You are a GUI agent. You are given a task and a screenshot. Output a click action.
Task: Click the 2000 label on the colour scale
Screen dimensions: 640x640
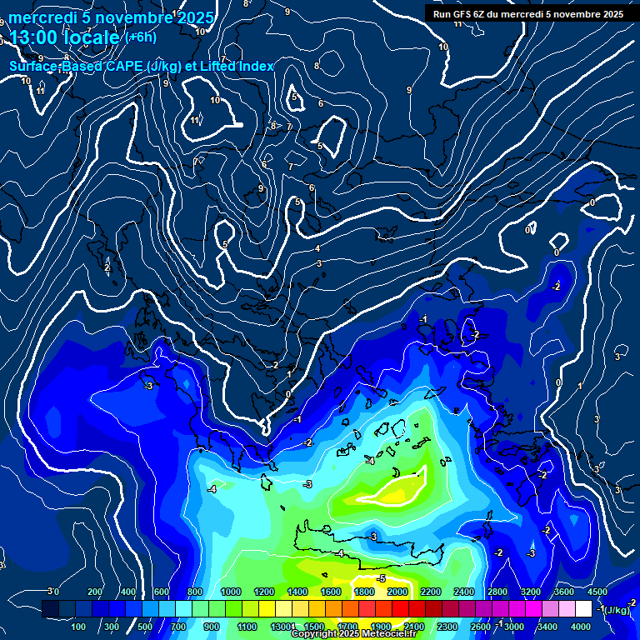click(397, 592)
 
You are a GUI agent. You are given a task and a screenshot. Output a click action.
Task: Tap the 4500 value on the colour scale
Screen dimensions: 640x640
click(597, 592)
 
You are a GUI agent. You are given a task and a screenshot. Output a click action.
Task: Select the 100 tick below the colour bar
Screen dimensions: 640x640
click(79, 627)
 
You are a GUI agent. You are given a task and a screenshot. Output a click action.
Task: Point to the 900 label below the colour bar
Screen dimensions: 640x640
click(211, 627)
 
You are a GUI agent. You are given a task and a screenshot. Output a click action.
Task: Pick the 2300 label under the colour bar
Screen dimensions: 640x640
click(447, 627)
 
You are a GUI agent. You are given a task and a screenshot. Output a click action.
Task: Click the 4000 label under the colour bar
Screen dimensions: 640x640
click(580, 627)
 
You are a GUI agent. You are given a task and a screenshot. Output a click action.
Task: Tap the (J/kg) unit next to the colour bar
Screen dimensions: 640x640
click(617, 611)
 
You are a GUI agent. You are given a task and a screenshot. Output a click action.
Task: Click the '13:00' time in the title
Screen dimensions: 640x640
click(37, 37)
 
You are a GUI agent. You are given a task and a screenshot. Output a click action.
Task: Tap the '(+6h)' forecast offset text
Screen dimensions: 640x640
click(140, 37)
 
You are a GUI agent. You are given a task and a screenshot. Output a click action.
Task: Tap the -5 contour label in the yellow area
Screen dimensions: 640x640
click(381, 578)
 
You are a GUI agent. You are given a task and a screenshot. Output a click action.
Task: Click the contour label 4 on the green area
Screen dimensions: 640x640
click(341, 553)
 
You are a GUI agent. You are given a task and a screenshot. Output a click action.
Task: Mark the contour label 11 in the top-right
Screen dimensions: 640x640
click(457, 23)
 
